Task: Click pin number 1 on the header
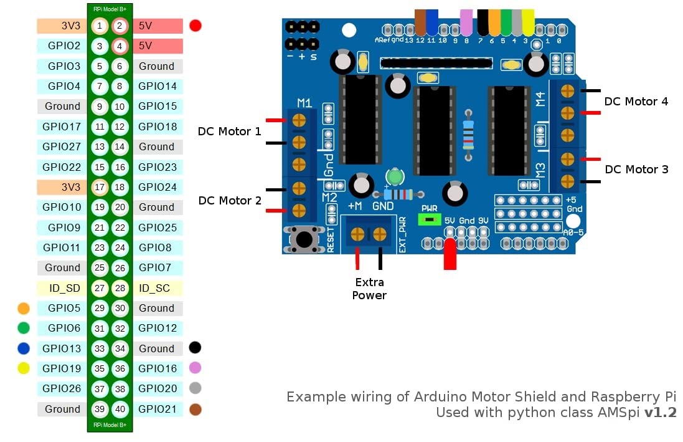pos(99,26)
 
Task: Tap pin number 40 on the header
pos(120,409)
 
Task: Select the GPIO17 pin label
pos(62,127)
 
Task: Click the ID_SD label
pos(62,288)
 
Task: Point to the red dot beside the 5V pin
pos(195,26)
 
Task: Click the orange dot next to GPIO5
pos(24,308)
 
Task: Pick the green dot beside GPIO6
pos(24,328)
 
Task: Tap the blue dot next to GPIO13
pos(24,348)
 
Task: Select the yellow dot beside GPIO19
pos(24,368)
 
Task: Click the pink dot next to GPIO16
pos(195,368)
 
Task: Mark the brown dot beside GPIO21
pos(195,409)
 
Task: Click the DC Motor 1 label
pos(230,132)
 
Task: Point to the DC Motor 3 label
pos(636,170)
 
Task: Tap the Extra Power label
pos(369,289)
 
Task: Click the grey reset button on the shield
pos(304,238)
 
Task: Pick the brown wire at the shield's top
pos(420,22)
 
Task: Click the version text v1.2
pos(660,412)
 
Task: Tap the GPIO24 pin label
pos(158,187)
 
